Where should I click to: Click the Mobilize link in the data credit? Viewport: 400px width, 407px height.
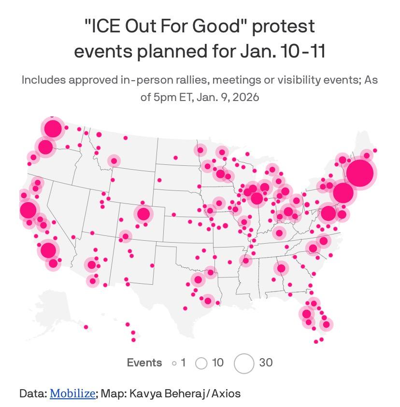click(x=72, y=393)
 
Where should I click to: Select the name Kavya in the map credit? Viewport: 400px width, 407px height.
click(x=144, y=393)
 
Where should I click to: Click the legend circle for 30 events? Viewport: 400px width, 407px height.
click(x=244, y=363)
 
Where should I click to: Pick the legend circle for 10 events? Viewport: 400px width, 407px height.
click(x=201, y=363)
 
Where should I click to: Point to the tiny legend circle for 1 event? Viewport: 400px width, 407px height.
click(x=174, y=363)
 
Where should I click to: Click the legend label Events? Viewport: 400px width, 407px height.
click(x=144, y=363)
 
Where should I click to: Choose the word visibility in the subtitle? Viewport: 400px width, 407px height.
click(x=302, y=79)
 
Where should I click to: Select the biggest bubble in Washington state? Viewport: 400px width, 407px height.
click(x=53, y=129)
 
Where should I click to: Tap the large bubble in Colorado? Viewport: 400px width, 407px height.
click(x=143, y=214)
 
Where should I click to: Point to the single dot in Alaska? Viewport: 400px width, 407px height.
click(x=86, y=327)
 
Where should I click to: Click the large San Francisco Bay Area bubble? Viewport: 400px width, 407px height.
click(x=28, y=210)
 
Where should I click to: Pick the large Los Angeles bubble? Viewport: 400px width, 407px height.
click(x=48, y=250)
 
